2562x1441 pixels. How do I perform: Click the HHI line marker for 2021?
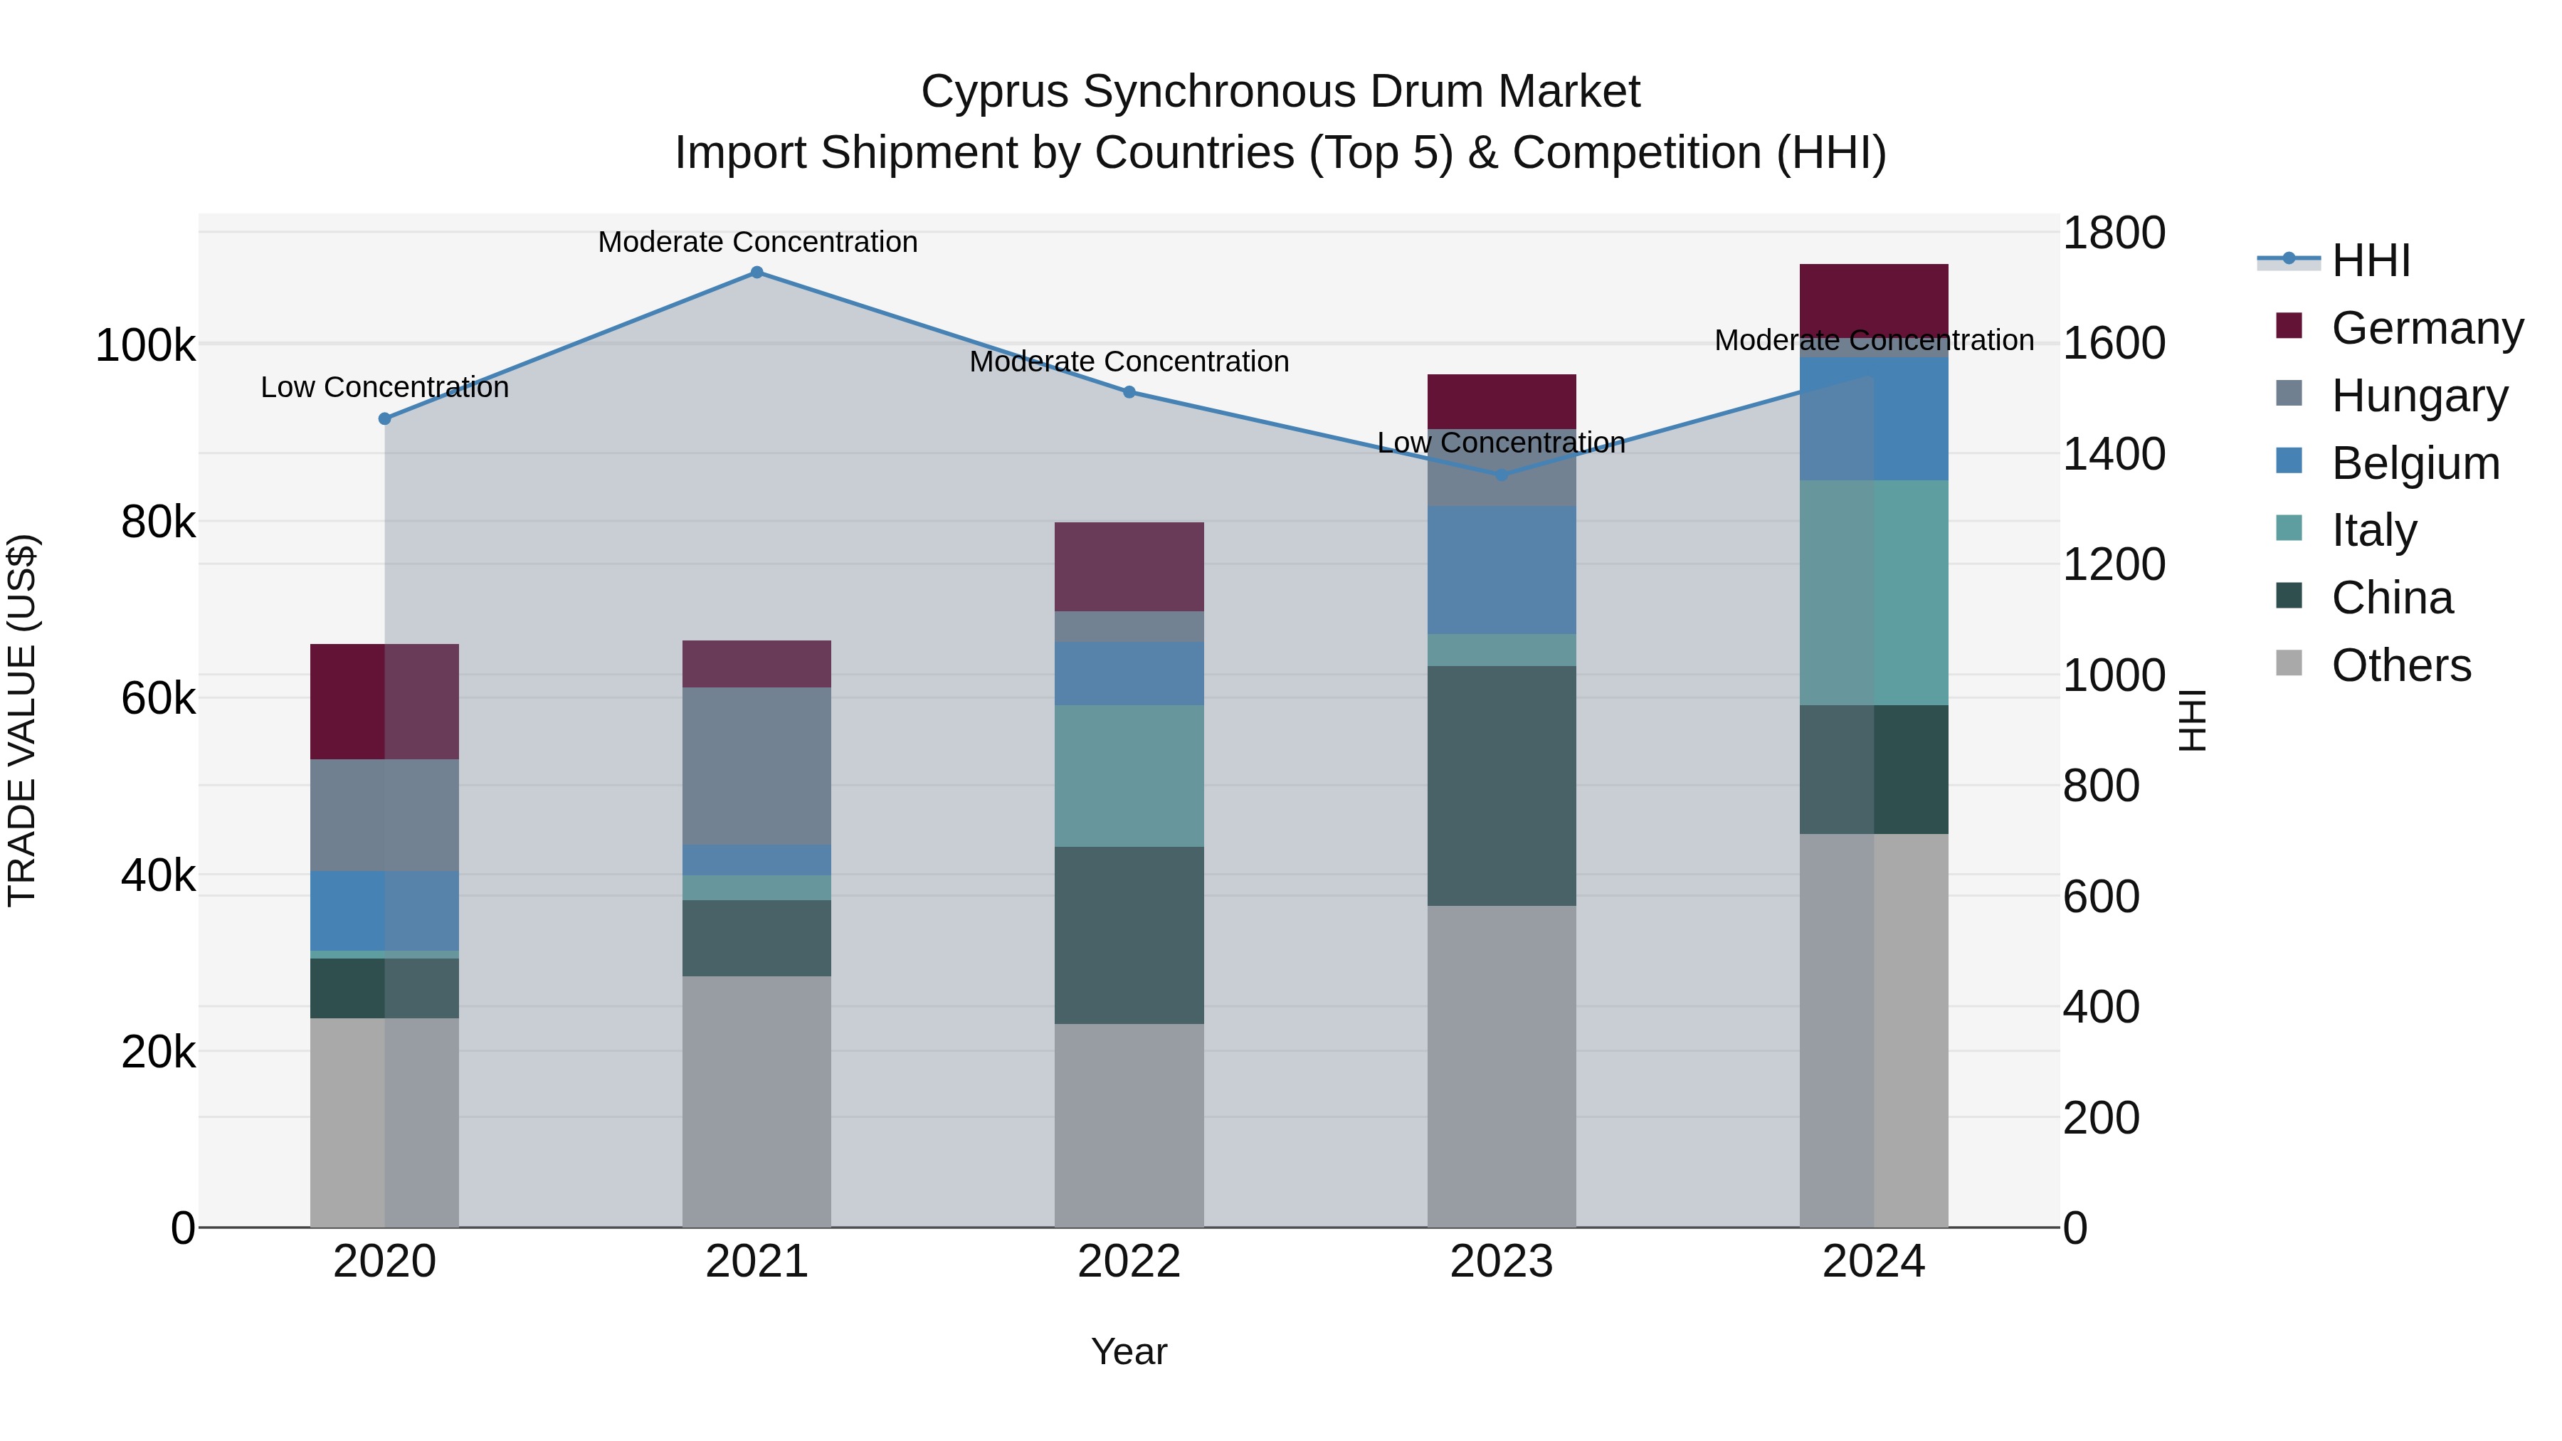[x=757, y=273]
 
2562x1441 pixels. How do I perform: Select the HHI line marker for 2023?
[x=1502, y=475]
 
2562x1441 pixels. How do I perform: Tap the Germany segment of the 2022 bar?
[x=1129, y=567]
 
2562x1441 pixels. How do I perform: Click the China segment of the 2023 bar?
[x=1502, y=786]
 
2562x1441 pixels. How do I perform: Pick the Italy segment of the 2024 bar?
[x=1874, y=593]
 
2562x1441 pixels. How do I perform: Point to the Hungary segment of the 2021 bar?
[x=757, y=766]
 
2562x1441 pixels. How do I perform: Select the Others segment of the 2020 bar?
[x=385, y=1121]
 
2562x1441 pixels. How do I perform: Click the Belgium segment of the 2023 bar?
[x=1502, y=570]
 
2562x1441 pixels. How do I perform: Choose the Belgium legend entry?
[x=2415, y=463]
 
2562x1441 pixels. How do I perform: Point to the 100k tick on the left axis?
[x=145, y=346]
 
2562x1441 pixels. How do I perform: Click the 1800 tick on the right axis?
[x=2114, y=233]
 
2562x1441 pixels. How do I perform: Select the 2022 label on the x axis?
[x=1129, y=1262]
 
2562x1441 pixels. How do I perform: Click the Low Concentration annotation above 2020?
[x=385, y=387]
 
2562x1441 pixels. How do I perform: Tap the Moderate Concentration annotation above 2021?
[x=757, y=242]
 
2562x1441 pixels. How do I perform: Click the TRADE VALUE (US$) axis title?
[x=22, y=720]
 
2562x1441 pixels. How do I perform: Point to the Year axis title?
[x=1129, y=1351]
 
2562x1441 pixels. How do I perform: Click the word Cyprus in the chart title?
[x=995, y=92]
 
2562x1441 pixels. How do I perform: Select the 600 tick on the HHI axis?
[x=2101, y=896]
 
